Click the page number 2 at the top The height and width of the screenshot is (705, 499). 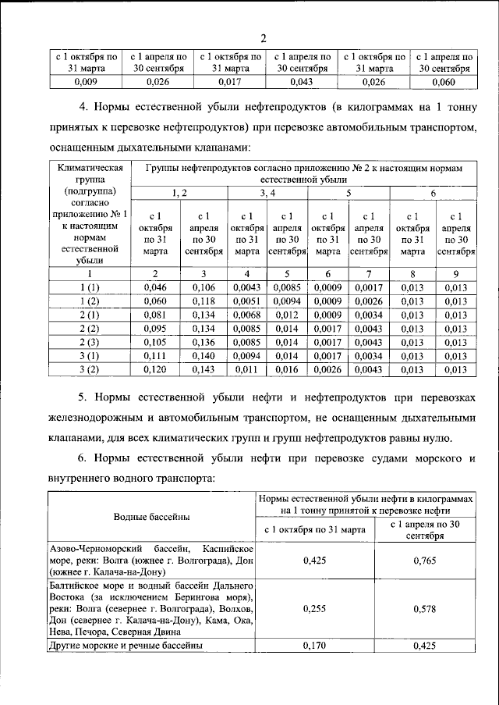click(263, 38)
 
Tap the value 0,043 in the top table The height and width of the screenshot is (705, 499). click(300, 80)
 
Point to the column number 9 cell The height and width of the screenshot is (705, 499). click(456, 274)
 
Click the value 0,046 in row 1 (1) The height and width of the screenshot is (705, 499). click(156, 288)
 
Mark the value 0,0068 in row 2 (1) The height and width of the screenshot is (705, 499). click(247, 315)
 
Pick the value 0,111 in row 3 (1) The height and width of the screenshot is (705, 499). click(156, 356)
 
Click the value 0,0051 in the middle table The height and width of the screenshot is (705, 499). click(247, 301)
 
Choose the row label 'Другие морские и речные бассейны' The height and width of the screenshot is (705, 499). click(127, 646)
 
